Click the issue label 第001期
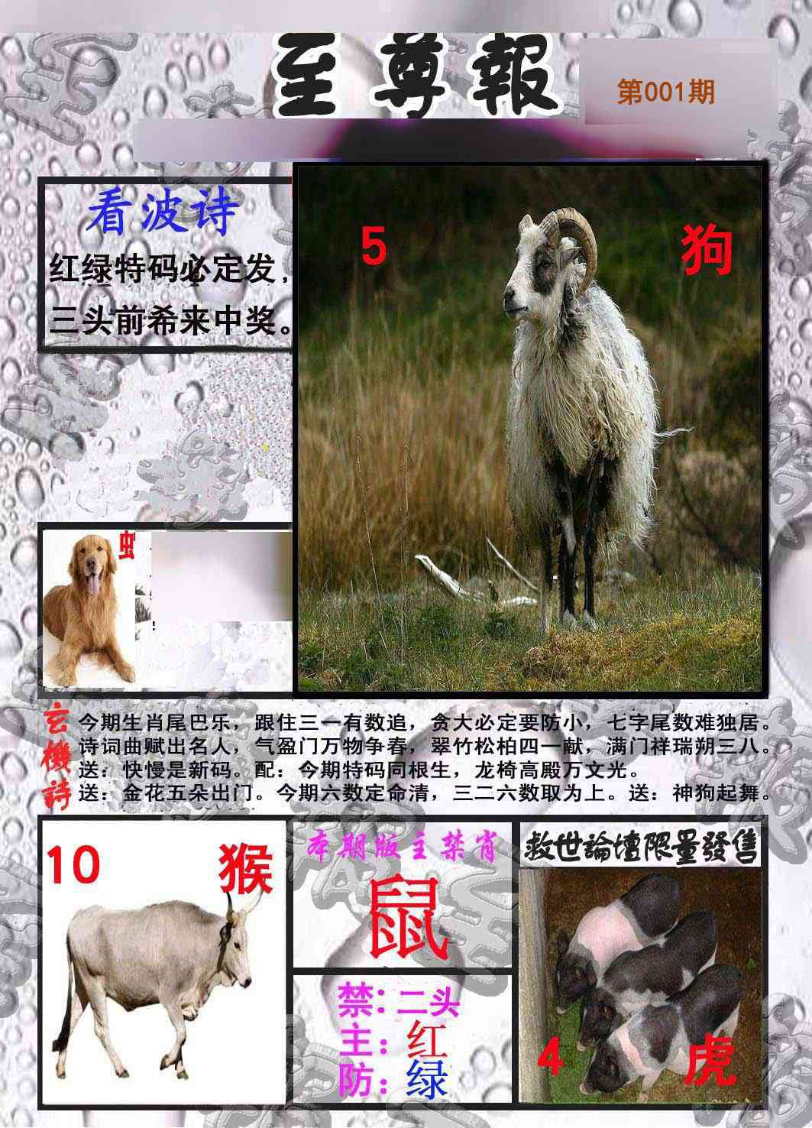pyautogui.click(x=665, y=92)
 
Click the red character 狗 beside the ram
pyautogui.click(x=707, y=251)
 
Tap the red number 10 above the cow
pyautogui.click(x=74, y=864)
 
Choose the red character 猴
pyautogui.click(x=246, y=870)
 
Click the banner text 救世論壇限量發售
pyautogui.click(x=641, y=846)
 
